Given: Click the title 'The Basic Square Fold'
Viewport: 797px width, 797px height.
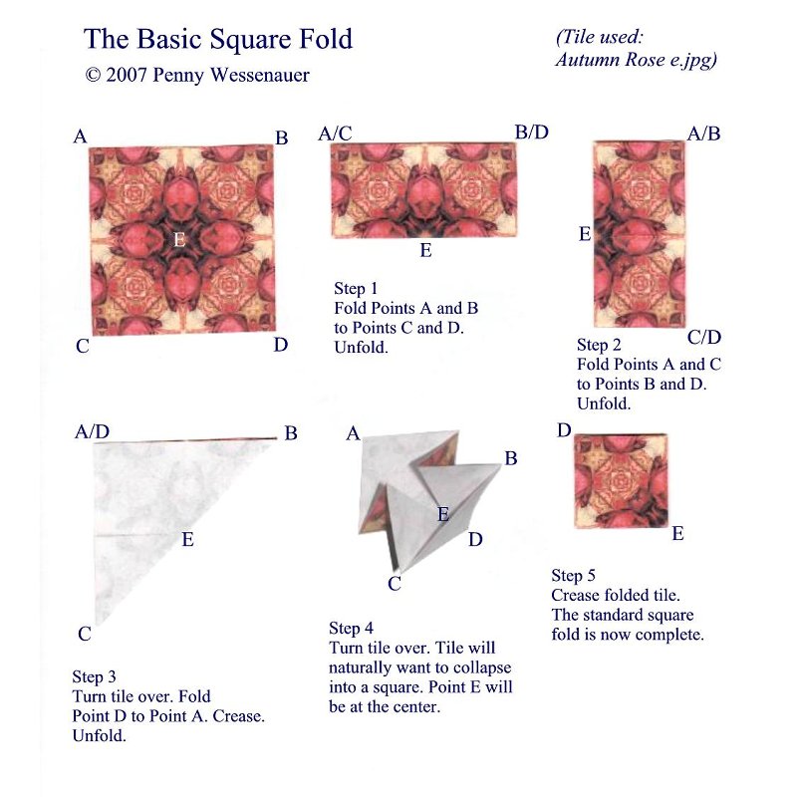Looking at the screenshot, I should click(217, 40).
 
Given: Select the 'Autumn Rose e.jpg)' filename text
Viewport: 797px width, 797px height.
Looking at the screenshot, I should click(636, 60).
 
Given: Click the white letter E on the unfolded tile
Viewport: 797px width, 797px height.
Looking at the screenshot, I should click(179, 239).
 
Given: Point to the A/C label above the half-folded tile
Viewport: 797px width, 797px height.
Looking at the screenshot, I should click(336, 133).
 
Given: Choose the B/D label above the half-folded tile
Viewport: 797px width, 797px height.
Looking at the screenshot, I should click(531, 132).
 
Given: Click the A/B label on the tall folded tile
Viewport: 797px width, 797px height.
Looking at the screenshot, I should click(703, 133).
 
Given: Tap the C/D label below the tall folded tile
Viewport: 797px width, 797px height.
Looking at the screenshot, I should click(704, 337).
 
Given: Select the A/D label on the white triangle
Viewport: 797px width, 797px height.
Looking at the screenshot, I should click(92, 431).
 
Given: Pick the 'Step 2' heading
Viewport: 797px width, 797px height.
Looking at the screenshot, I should click(600, 345).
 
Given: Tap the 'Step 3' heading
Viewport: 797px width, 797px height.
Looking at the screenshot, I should click(95, 677).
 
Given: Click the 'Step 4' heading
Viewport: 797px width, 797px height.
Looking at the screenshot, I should click(352, 628).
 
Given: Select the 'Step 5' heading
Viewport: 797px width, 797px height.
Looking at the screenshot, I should click(574, 576).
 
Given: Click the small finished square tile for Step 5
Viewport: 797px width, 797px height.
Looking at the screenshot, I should click(621, 480).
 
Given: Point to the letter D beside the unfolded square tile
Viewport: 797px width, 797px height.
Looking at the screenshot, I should click(281, 345).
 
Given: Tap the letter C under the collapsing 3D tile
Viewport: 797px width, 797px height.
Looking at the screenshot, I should click(395, 584).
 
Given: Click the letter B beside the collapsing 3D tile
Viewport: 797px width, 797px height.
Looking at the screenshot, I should click(511, 459).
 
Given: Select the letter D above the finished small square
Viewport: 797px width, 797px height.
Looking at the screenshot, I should click(564, 430).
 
